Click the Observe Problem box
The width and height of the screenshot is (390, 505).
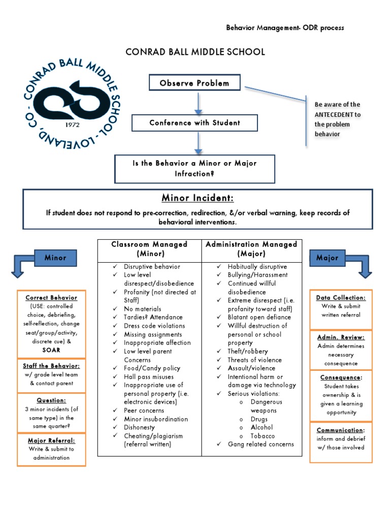(x=194, y=83)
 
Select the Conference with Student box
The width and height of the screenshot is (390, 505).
(x=194, y=123)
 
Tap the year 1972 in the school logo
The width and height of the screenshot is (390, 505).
(x=73, y=124)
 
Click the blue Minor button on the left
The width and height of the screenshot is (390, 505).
(x=55, y=258)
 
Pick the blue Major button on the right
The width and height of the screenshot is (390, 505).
(x=327, y=258)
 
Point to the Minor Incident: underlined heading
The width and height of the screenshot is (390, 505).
(x=198, y=198)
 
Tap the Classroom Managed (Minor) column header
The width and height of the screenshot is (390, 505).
(x=149, y=249)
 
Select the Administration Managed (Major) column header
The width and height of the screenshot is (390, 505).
(x=251, y=249)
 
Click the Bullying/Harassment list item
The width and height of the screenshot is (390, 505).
(x=257, y=275)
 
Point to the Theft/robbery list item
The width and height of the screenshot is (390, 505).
(x=248, y=351)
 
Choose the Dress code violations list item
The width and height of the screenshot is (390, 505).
(x=154, y=326)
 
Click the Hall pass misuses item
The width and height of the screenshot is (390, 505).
(x=149, y=377)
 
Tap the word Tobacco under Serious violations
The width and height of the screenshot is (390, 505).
(x=263, y=436)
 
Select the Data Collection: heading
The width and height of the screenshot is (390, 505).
(x=341, y=298)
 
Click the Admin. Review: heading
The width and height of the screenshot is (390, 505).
(x=341, y=337)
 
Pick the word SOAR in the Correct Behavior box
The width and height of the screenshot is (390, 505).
(x=51, y=350)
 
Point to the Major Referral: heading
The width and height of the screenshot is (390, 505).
(x=51, y=440)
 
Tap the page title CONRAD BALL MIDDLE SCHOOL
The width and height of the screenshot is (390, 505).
(x=195, y=52)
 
